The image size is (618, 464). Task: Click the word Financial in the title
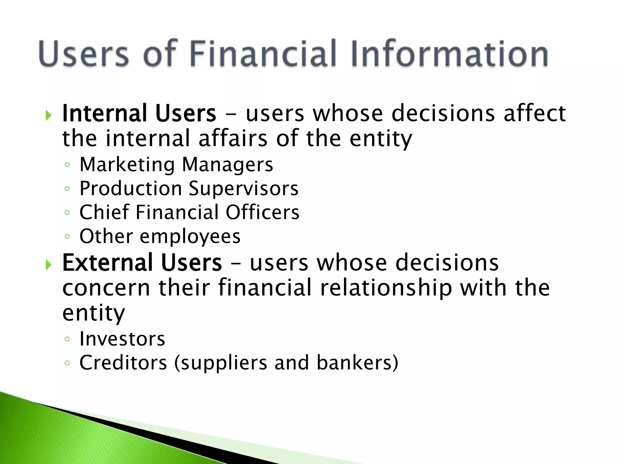pos(263,54)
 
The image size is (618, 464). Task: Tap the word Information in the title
pos(450,54)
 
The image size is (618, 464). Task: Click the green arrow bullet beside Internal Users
pos(48,115)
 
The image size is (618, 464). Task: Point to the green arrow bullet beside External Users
pos(48,265)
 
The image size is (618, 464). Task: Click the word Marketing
pos(127,165)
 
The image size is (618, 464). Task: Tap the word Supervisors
pos(244,189)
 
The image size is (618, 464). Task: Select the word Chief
pos(104,212)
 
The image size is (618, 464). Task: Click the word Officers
pos(263,212)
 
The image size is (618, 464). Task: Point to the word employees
pos(190,237)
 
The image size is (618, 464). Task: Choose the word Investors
pos(122,339)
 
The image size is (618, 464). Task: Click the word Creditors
pos(123,362)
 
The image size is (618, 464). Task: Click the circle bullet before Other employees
pos(67,236)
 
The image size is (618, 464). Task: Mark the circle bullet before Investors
pos(67,339)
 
